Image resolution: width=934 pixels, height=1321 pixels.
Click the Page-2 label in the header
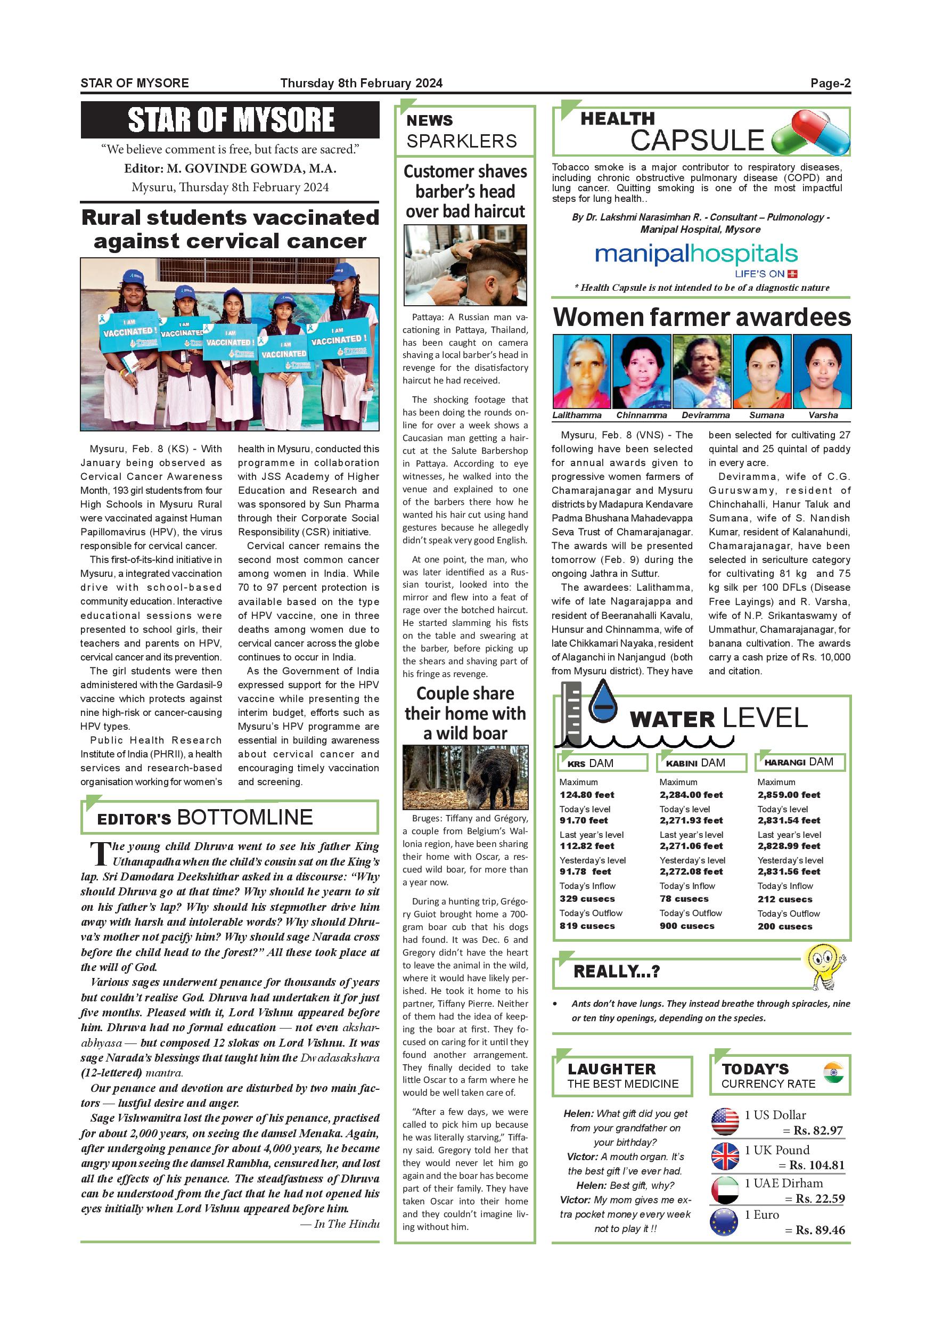coord(830,83)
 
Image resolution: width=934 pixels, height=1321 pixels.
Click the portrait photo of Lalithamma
coord(581,372)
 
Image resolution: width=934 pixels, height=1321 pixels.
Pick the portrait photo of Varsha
coord(822,372)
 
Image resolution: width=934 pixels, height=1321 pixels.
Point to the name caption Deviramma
coord(705,415)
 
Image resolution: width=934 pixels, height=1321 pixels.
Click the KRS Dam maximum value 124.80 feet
coord(587,795)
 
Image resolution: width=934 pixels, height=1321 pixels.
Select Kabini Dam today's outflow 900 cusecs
coord(687,926)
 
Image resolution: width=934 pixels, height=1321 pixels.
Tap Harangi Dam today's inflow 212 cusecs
coord(784,899)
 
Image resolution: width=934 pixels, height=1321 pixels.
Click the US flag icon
coord(725,1121)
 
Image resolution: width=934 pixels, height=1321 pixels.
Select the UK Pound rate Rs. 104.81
coord(817,1165)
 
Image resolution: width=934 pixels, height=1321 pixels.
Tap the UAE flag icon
coord(725,1190)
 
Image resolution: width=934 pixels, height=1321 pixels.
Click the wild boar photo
coord(465,777)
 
